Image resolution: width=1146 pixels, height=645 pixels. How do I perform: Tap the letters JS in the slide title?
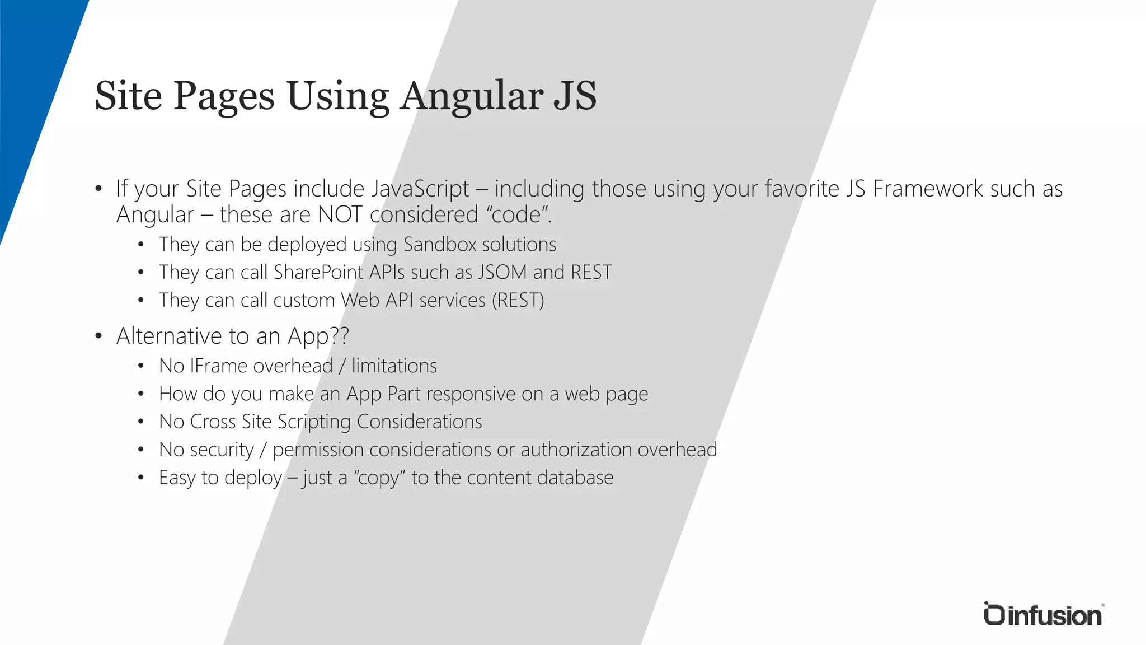(x=575, y=96)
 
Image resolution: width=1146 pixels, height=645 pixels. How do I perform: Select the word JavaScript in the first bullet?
(x=420, y=189)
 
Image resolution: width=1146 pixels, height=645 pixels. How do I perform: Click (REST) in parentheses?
(x=518, y=300)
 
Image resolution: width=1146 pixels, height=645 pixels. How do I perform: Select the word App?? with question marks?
(x=318, y=336)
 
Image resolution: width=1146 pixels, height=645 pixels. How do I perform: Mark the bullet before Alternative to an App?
(x=98, y=336)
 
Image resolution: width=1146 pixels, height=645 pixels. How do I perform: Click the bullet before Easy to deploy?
(x=141, y=478)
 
